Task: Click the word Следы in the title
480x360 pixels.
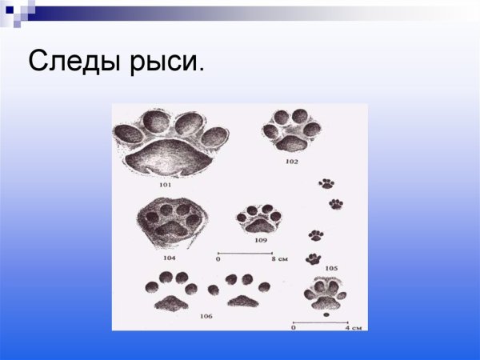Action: pos(74,62)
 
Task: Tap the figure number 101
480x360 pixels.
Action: pos(166,185)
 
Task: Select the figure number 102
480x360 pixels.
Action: pos(291,161)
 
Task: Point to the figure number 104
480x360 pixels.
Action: pos(169,258)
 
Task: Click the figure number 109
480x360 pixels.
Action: pos(261,239)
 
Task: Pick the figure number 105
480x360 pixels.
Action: pos(331,267)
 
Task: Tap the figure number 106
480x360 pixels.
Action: pos(206,317)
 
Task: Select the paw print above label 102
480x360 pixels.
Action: pos(292,130)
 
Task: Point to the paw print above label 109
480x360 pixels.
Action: pos(259,218)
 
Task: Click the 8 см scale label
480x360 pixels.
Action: pos(281,260)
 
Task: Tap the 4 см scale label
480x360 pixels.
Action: pos(351,327)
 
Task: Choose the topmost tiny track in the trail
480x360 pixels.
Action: pos(326,183)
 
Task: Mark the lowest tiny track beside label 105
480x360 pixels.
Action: pos(314,258)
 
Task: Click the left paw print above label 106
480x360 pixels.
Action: pos(170,291)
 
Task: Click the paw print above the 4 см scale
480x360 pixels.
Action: pos(325,294)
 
